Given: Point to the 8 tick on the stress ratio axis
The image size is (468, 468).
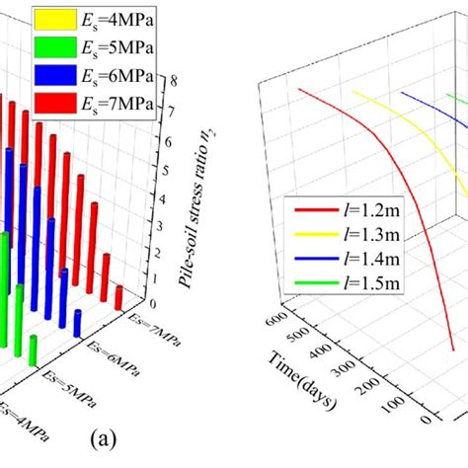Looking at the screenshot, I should pyautogui.click(x=174, y=83).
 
